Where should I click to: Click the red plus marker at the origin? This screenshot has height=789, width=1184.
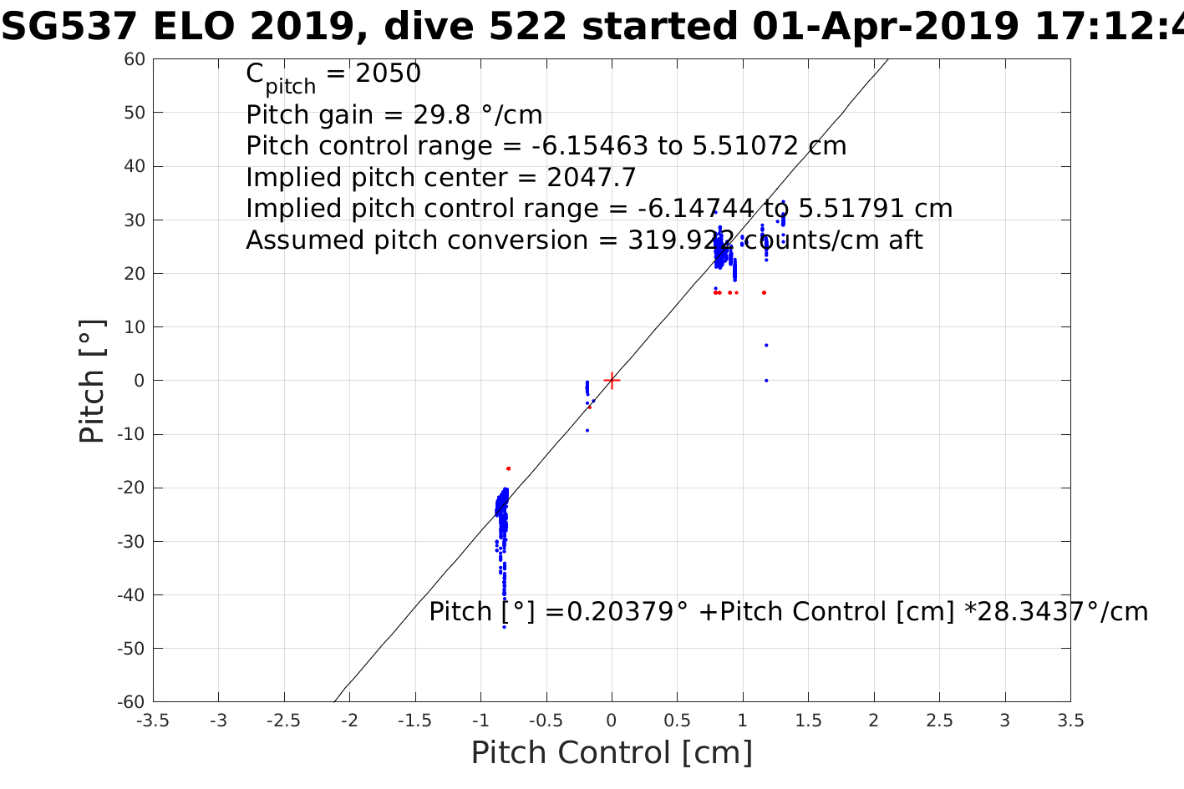[x=612, y=381]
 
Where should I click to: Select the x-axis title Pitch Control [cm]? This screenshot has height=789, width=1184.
[x=612, y=753]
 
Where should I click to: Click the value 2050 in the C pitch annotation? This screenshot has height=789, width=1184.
[x=389, y=74]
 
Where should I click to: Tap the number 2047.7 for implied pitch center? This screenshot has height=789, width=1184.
[x=592, y=178]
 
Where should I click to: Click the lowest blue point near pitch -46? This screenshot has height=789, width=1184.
[x=504, y=626]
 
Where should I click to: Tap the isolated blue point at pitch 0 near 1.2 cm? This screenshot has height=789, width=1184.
[x=766, y=381]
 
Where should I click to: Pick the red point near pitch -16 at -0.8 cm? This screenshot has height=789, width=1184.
[x=508, y=468]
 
